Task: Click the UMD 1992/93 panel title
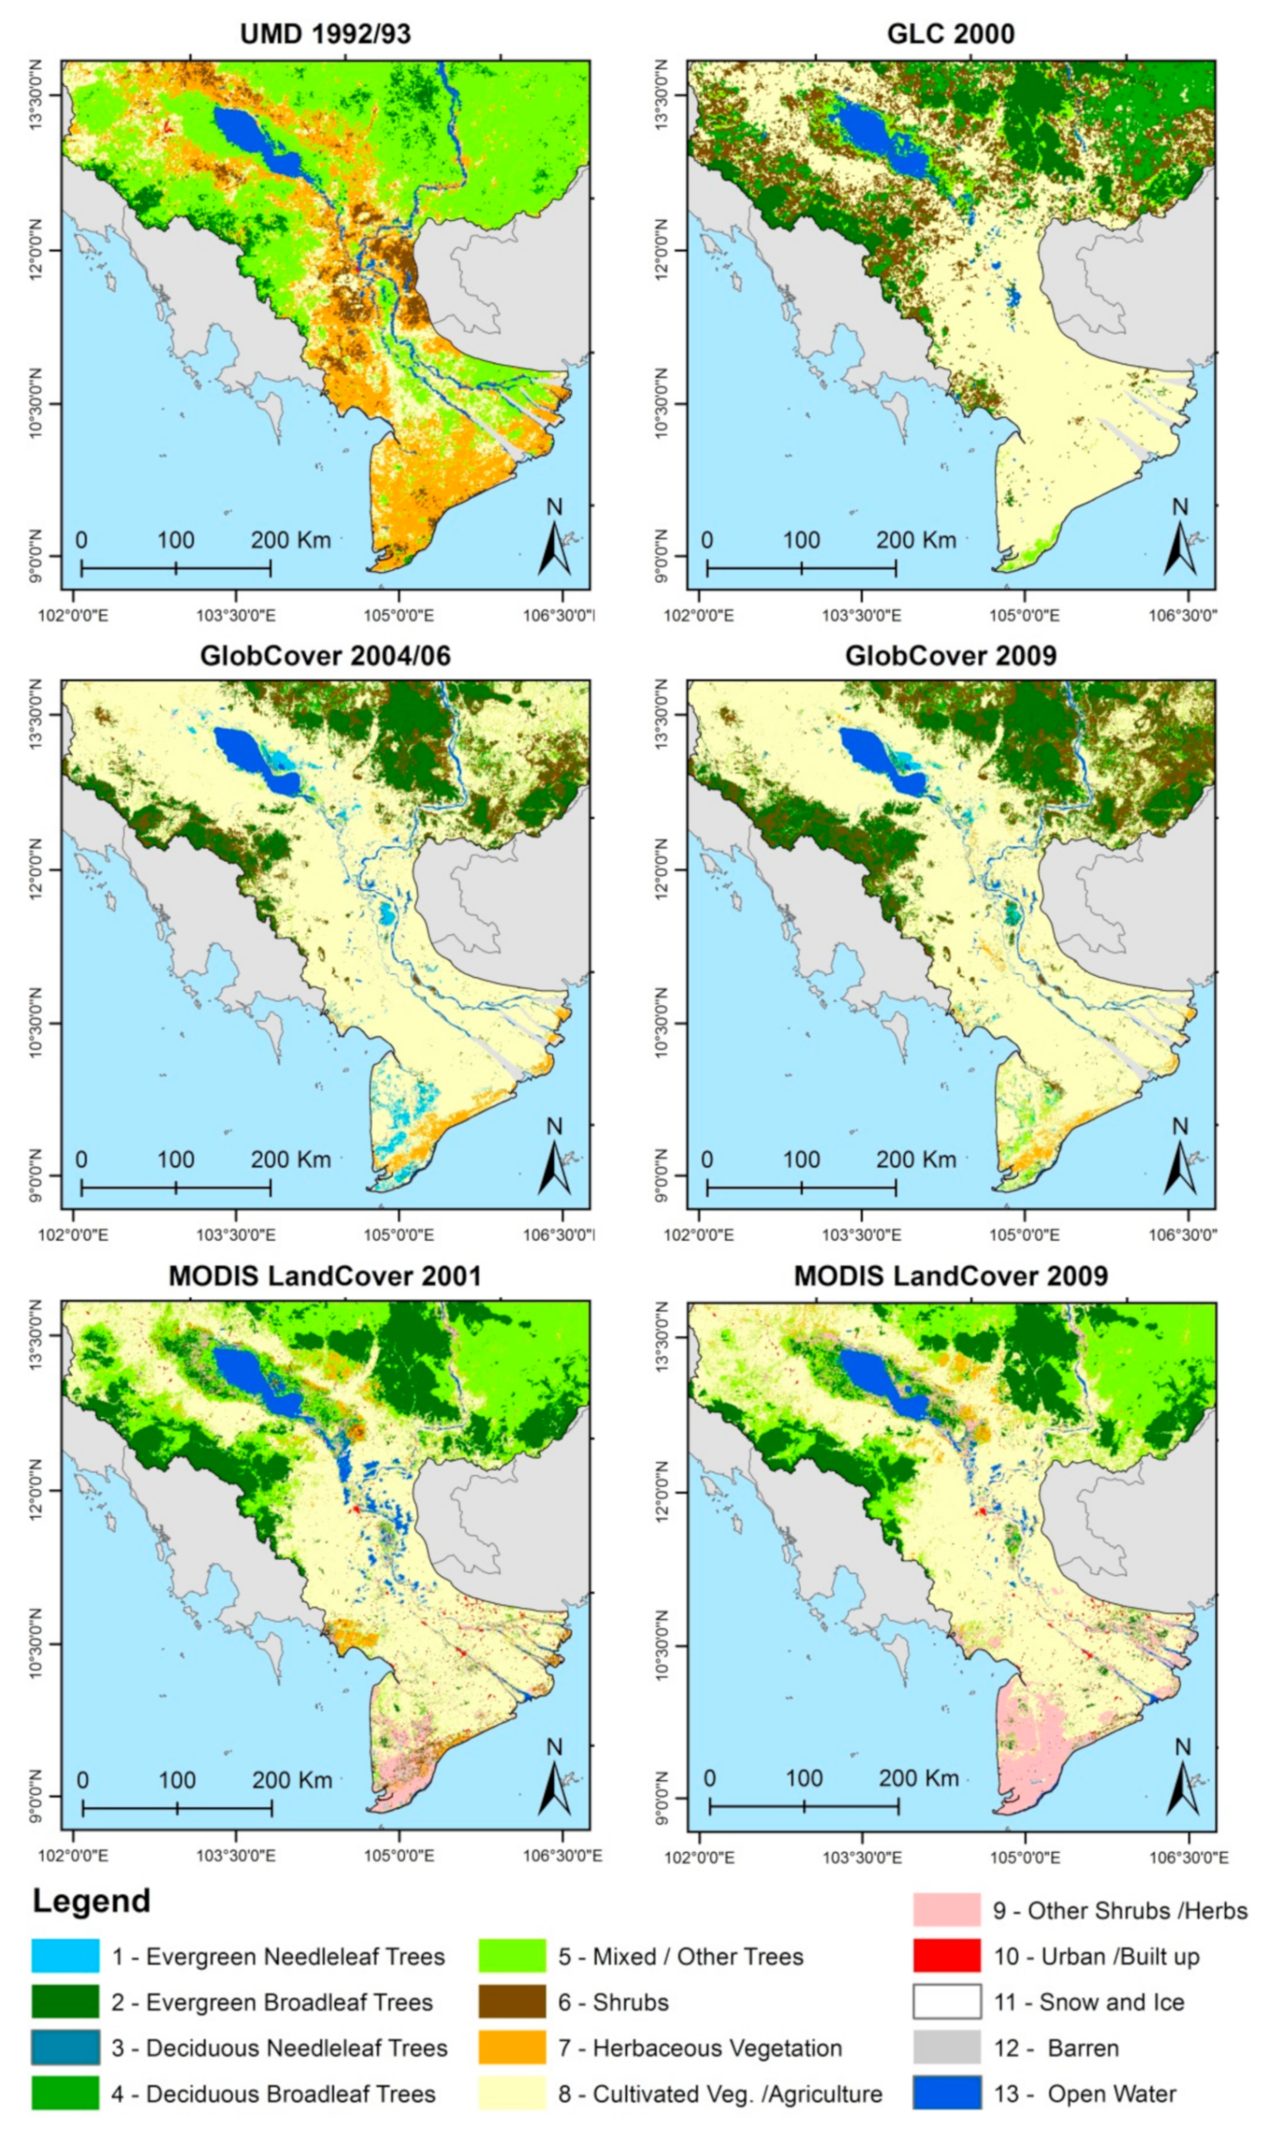pyautogui.click(x=325, y=34)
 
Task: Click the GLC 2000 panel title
pyautogui.click(x=950, y=34)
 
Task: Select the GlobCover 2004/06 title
pyautogui.click(x=325, y=656)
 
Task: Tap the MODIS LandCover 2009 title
pyautogui.click(x=950, y=1276)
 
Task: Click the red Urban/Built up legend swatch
pyautogui.click(x=946, y=1956)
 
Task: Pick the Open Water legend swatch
pyautogui.click(x=946, y=2093)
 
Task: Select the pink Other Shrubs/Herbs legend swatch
pyautogui.click(x=946, y=1910)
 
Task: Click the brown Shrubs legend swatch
pyautogui.click(x=512, y=2002)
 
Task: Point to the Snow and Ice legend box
pyautogui.click(x=946, y=2002)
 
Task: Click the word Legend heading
pyautogui.click(x=92, y=1901)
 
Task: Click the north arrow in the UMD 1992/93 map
pyautogui.click(x=555, y=540)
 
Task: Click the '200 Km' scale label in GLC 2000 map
pyautogui.click(x=915, y=540)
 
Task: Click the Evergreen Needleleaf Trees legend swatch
pyautogui.click(x=66, y=1956)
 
